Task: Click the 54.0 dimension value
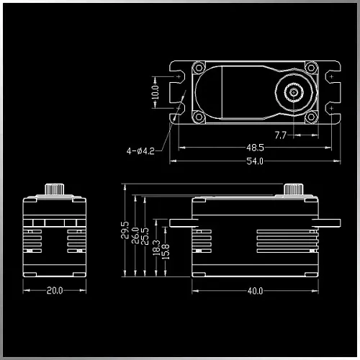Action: point(255,161)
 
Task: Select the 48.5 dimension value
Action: point(255,148)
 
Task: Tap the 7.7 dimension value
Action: point(281,135)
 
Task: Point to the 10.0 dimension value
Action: point(156,92)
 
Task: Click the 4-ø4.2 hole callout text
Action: point(140,151)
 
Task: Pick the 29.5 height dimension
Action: point(125,230)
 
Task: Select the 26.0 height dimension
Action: point(135,235)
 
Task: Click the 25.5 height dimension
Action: point(145,236)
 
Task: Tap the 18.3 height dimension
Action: point(156,248)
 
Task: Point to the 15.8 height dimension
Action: point(166,252)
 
